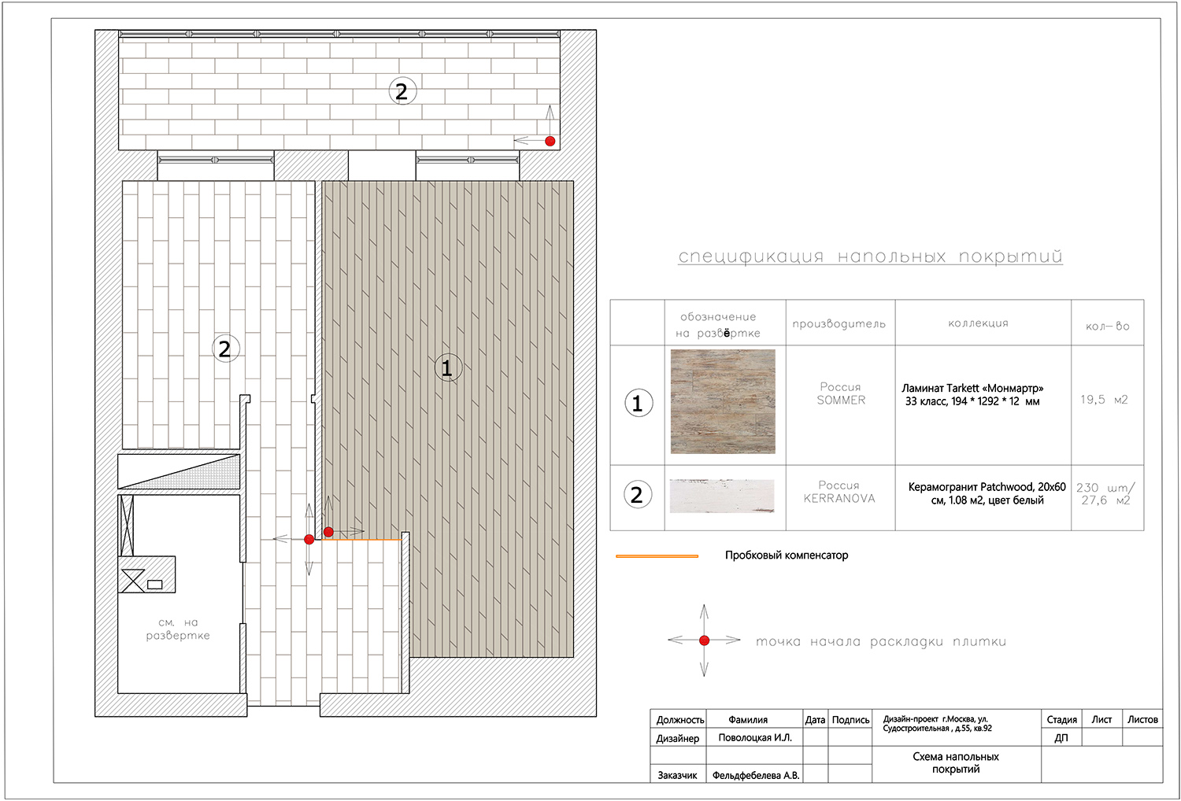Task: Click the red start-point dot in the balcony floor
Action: pyautogui.click(x=550, y=141)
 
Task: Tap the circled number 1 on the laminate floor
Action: pyautogui.click(x=448, y=367)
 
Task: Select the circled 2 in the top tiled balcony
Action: pyautogui.click(x=402, y=91)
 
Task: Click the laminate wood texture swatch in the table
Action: pyautogui.click(x=723, y=401)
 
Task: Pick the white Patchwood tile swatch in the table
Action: pyautogui.click(x=722, y=496)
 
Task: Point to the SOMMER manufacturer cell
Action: pyautogui.click(x=841, y=393)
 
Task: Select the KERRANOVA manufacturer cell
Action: pyautogui.click(x=839, y=492)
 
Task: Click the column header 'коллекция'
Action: pyautogui.click(x=978, y=323)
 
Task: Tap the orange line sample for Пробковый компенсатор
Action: pyautogui.click(x=657, y=556)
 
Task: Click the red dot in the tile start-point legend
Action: pyautogui.click(x=705, y=640)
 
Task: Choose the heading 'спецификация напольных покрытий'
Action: pyautogui.click(x=870, y=257)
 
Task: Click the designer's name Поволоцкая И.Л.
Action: pyautogui.click(x=755, y=738)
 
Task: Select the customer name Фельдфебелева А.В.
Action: pyautogui.click(x=756, y=775)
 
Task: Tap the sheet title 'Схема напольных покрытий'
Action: pyautogui.click(x=956, y=762)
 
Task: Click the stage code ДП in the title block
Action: pyautogui.click(x=1061, y=738)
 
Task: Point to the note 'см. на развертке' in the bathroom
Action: pyautogui.click(x=178, y=629)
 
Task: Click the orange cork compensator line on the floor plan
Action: pyautogui.click(x=362, y=540)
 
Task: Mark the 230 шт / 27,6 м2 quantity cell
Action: pyautogui.click(x=1105, y=494)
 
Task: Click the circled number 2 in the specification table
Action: pyautogui.click(x=638, y=495)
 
